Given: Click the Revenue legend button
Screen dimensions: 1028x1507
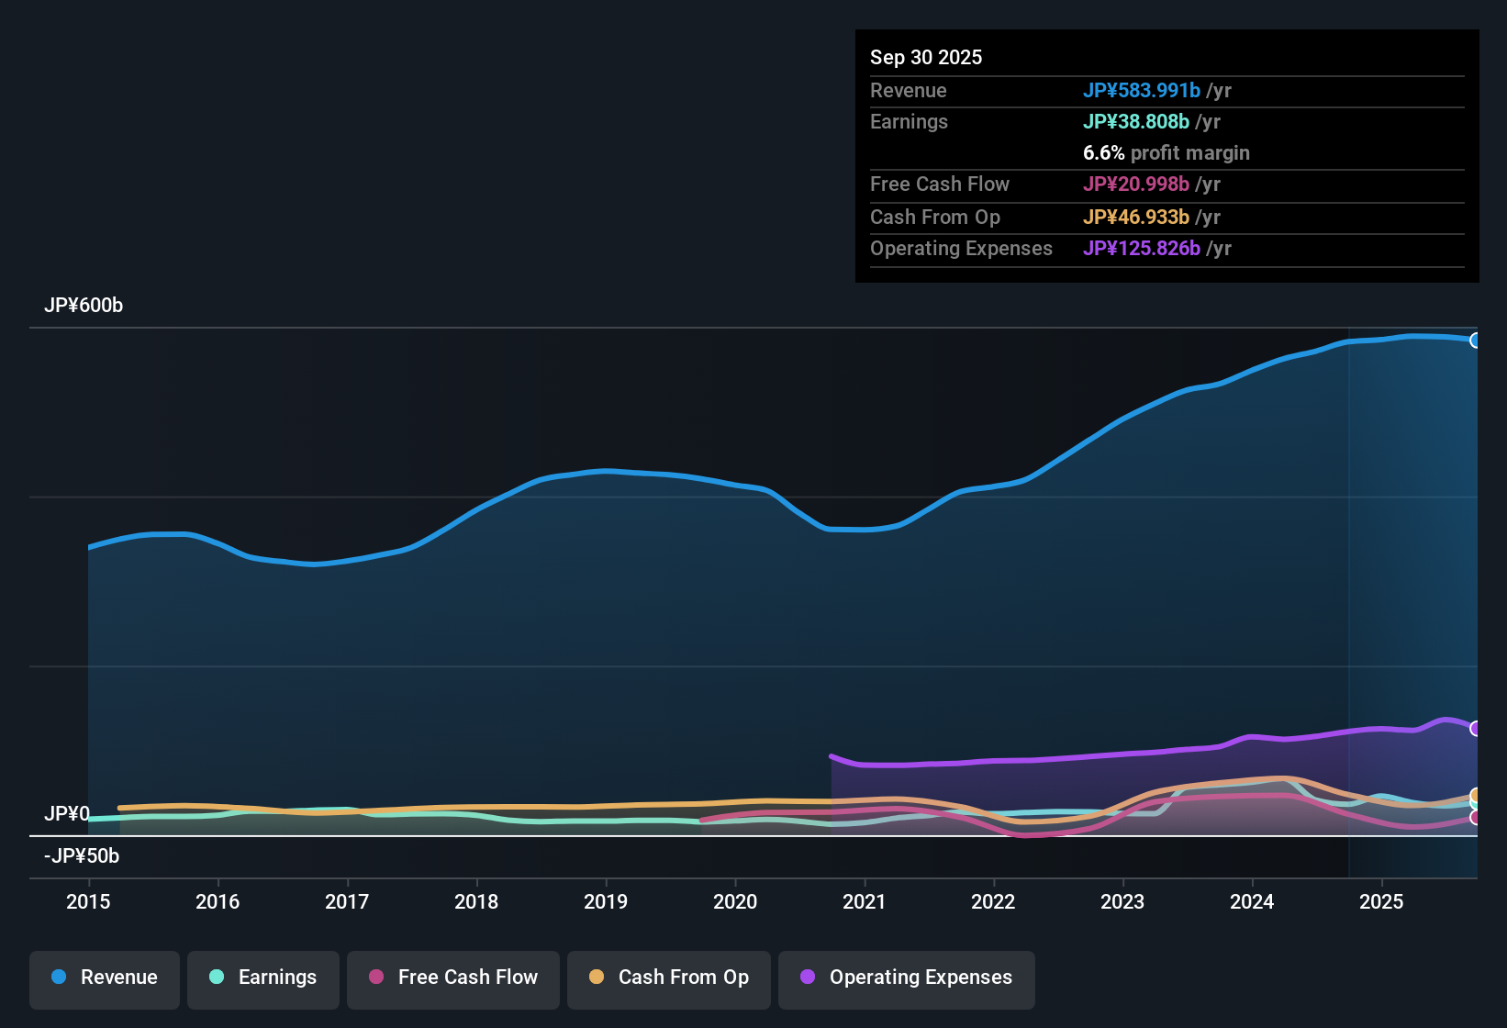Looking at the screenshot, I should click(105, 978).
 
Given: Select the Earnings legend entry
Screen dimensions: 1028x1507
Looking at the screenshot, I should click(263, 978).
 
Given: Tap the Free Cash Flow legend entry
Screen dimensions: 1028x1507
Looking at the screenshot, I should click(453, 978).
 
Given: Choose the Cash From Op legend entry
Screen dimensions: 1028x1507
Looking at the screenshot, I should click(669, 978).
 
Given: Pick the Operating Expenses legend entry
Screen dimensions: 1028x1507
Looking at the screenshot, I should click(907, 978).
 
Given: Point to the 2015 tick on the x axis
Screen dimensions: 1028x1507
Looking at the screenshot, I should click(88, 901).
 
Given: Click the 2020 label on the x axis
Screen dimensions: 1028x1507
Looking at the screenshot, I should click(735, 901).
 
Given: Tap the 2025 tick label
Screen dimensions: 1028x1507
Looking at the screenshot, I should click(1381, 901).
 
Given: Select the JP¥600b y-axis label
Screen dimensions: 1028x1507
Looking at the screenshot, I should click(84, 306).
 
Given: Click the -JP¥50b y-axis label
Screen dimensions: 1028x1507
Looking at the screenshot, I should click(82, 856).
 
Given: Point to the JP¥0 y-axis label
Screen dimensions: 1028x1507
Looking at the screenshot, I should click(67, 814).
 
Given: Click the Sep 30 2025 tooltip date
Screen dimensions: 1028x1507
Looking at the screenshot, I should click(926, 58).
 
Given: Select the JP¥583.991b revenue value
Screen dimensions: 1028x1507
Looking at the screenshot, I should click(1142, 91).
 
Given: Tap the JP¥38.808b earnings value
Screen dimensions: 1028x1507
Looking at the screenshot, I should click(1136, 122).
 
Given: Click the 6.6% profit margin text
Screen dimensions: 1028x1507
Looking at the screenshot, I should click(1166, 153).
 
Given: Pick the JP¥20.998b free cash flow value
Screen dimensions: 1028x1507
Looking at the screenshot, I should click(1136, 184).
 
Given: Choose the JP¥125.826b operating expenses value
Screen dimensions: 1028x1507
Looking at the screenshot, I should click(1142, 249).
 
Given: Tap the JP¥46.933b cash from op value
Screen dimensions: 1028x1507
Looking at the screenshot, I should click(1136, 218).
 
